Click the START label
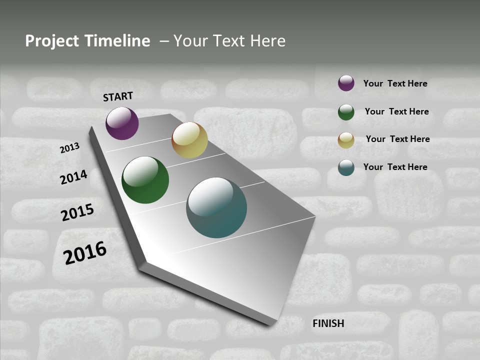pos(118,96)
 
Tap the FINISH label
pos(328,323)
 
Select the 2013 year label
pos(70,148)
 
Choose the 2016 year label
pos(85,253)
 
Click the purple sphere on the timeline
pos(122,123)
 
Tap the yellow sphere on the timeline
pos(189,140)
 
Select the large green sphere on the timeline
pos(145,180)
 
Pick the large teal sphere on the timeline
pos(216,207)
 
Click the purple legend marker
pos(346,83)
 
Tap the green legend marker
pos(346,112)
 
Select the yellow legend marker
pos(346,140)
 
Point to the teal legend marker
pos(346,167)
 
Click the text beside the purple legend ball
pos(395,84)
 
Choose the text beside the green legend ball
pos(396,111)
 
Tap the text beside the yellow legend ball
pos(397,139)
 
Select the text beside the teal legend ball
pos(395,167)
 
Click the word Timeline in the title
pos(116,41)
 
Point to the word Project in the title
pos(52,41)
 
